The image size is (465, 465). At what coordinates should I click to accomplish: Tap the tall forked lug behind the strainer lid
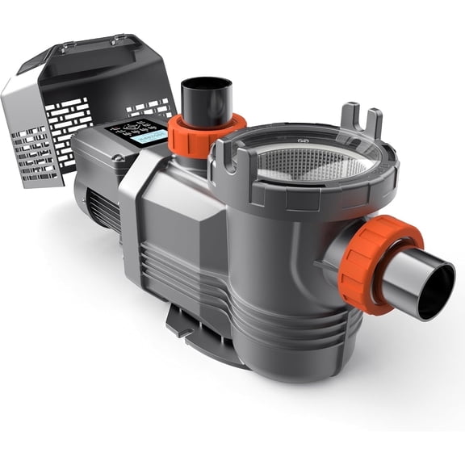pyautogui.click(x=361, y=122)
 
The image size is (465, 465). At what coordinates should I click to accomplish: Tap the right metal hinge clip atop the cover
pyautogui.click(x=121, y=39)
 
